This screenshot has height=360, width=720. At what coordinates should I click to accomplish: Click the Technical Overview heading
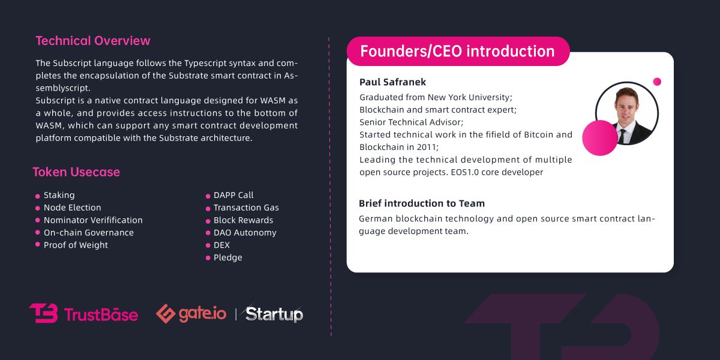93,41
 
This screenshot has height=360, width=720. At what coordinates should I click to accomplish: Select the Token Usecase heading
76,172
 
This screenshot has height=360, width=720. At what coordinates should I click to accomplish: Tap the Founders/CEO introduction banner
457,52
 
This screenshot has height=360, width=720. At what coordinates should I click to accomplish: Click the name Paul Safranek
392,82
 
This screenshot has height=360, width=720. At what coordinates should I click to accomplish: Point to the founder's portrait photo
626,113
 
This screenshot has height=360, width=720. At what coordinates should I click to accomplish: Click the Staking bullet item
59,195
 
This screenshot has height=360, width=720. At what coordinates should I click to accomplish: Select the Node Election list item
72,208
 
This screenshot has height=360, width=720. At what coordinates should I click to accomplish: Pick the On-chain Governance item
88,233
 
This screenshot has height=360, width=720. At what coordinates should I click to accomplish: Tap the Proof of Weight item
76,245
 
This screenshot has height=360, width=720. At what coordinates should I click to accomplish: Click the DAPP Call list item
233,195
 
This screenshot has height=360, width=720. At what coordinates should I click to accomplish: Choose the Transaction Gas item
246,208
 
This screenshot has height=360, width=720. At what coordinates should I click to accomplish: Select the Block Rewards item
243,220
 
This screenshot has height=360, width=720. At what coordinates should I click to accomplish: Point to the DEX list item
221,245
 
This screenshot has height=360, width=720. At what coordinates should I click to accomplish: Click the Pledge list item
228,258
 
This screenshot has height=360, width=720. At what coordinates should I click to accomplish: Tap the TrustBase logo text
100,314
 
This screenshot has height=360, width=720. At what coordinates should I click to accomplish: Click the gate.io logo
191,314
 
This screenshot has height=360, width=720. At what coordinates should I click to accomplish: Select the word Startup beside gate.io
274,314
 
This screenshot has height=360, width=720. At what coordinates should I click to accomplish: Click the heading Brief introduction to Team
422,203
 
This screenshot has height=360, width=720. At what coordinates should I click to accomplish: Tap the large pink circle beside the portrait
599,137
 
